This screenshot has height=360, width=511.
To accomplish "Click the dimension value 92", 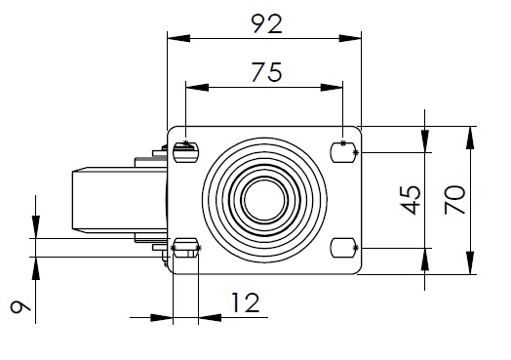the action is [266, 23].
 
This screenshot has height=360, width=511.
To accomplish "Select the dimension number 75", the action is [266, 72].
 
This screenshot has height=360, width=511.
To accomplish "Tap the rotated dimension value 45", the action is [411, 200].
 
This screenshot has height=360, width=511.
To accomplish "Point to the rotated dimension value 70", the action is [455, 200].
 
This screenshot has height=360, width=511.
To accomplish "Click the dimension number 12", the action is [246, 303].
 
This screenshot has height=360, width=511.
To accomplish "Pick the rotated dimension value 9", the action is [20, 307].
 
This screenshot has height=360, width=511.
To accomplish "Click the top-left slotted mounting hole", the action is [185, 152].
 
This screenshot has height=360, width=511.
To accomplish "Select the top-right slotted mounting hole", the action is [343, 152].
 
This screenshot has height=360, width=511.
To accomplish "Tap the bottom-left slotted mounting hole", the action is [185, 248].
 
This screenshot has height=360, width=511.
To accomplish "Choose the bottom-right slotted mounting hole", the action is [343, 248].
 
